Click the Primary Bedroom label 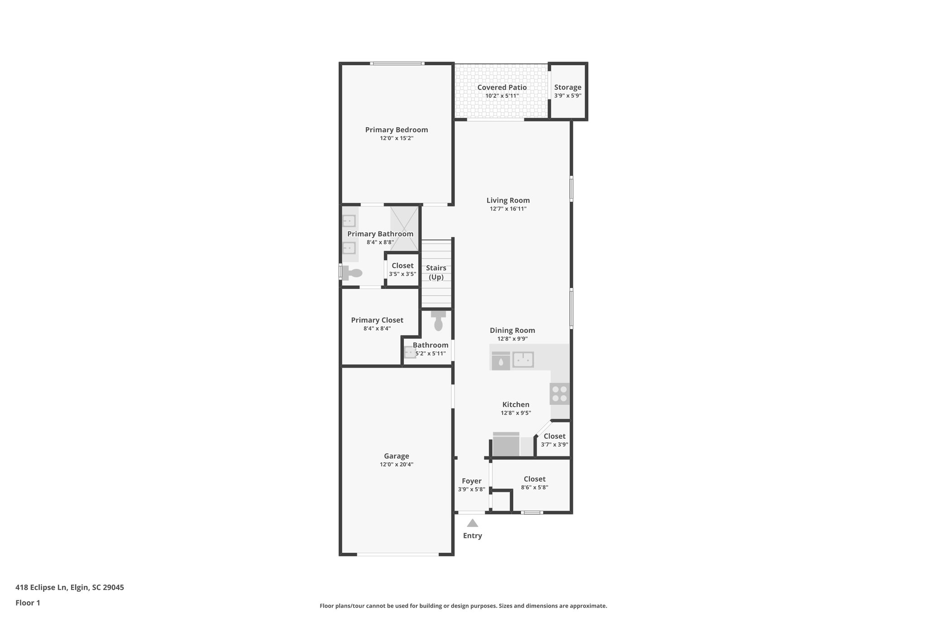[x=397, y=130]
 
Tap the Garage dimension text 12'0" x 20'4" [x=397, y=465]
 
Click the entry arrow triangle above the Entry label [x=473, y=523]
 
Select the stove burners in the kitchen [x=560, y=393]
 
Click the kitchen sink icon [x=523, y=360]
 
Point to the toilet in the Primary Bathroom [x=352, y=273]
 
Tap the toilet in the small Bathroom [x=438, y=321]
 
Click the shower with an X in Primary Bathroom [x=405, y=228]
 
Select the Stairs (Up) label [x=436, y=272]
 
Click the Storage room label [x=568, y=87]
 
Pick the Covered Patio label [x=502, y=87]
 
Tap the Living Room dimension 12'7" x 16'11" [x=508, y=209]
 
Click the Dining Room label [x=512, y=331]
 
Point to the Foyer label [x=472, y=481]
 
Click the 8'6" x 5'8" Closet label [x=535, y=479]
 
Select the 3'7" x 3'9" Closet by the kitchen [x=554, y=436]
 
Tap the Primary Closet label [x=377, y=320]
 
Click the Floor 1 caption [x=28, y=603]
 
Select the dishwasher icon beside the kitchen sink [x=501, y=361]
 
